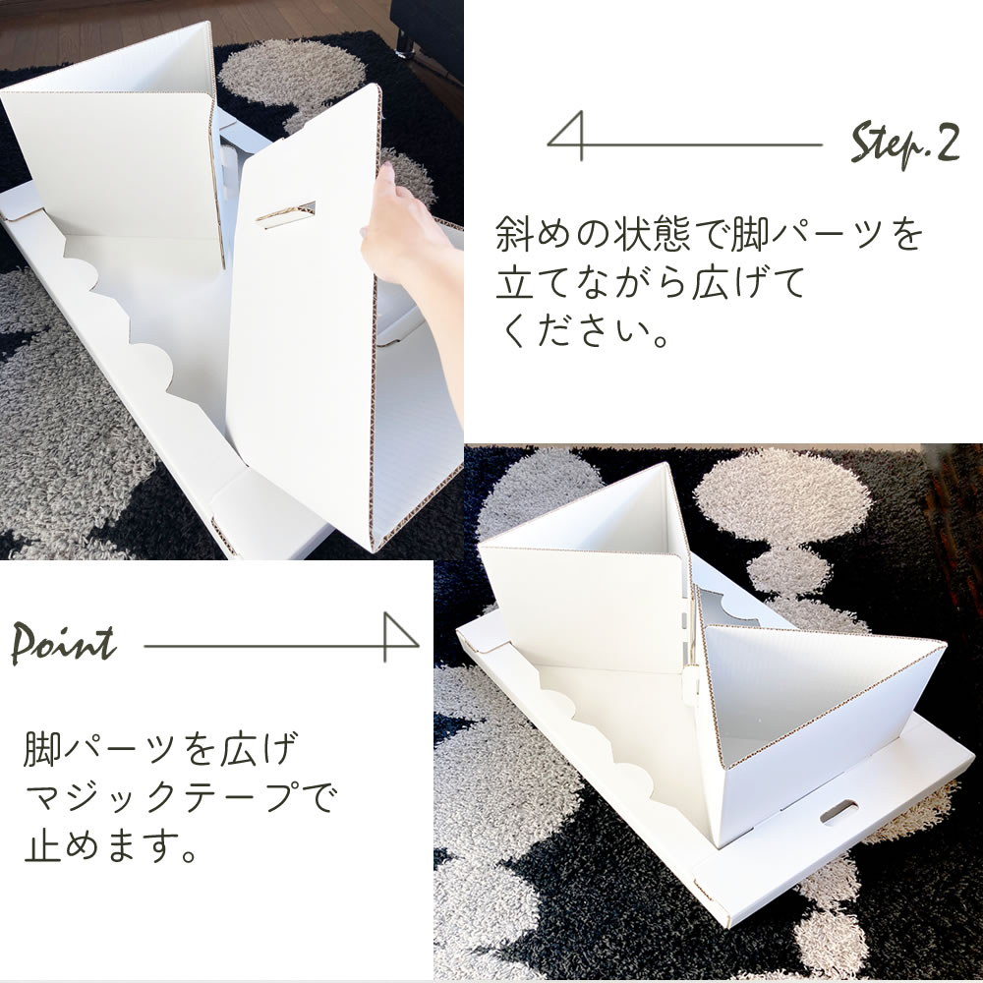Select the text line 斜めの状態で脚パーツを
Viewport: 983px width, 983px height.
(708, 237)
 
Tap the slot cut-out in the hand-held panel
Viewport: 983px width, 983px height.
(286, 210)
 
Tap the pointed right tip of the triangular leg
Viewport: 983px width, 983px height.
(941, 646)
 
